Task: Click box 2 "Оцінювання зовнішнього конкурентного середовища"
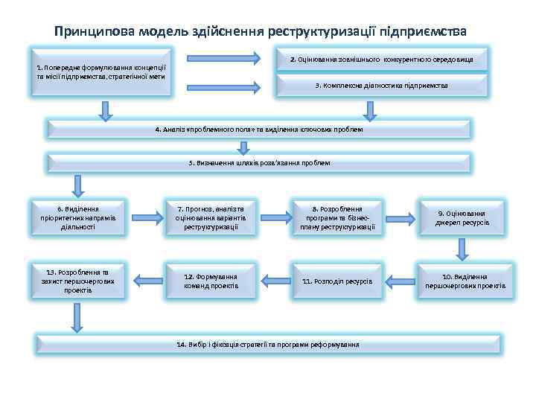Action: click(381, 58)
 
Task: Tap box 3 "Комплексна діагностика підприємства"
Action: click(381, 86)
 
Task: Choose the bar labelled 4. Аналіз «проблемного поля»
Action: click(259, 129)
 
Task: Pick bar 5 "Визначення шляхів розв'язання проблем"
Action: click(259, 162)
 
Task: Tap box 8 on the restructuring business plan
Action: click(337, 217)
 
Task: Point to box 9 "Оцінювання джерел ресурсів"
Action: click(462, 217)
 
